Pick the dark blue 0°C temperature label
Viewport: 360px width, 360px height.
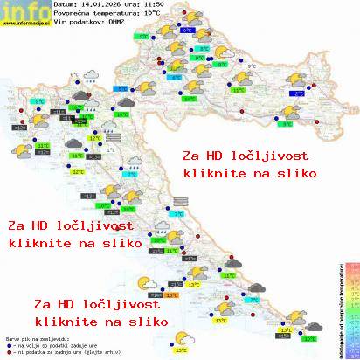click(188, 31)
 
